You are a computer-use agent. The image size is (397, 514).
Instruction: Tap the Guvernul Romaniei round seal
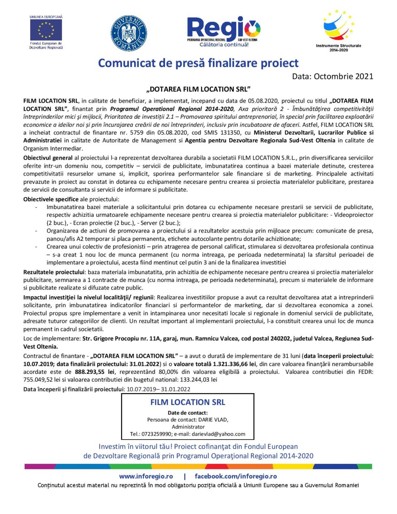(129, 33)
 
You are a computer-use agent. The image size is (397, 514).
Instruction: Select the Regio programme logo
(224, 31)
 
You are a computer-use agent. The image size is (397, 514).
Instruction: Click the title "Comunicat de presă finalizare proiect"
(198, 63)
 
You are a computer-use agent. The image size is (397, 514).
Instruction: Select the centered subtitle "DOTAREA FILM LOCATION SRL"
(198, 89)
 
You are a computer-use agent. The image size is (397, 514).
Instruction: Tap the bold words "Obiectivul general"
(48, 158)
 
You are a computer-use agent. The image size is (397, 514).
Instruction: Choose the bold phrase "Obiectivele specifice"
(51, 199)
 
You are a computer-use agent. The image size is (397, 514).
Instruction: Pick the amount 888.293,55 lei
(94, 372)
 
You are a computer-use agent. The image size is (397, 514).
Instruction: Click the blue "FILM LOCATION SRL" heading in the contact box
(188, 402)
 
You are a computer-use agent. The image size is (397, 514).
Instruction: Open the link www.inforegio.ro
(146, 476)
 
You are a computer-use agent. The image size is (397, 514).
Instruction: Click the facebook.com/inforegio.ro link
(236, 476)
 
